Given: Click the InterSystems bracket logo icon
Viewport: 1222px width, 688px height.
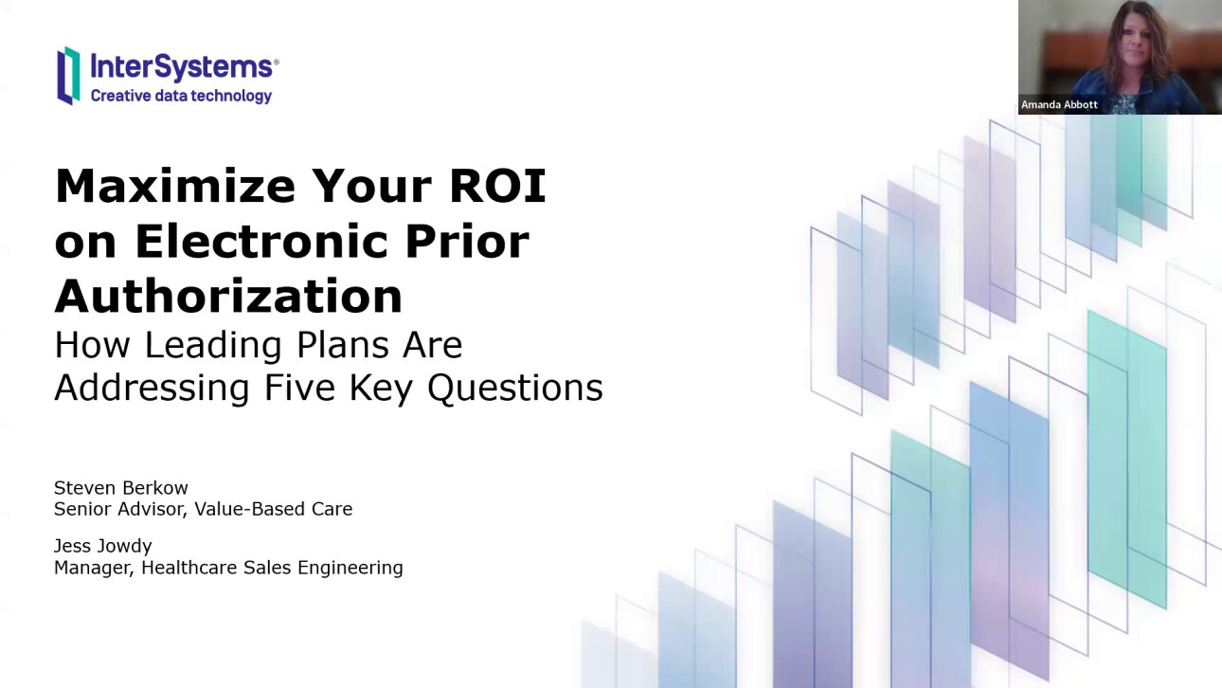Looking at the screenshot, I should [68, 75].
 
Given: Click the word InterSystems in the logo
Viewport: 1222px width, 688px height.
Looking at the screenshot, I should [182, 66].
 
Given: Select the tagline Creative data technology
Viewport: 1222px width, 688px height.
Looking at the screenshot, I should [181, 96].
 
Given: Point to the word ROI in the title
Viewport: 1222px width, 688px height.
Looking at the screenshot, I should [497, 186].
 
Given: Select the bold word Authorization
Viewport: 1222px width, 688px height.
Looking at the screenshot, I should [228, 296].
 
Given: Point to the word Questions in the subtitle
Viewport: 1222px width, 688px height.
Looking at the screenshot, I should [514, 388].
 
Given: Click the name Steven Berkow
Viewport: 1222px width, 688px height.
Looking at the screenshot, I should [120, 488].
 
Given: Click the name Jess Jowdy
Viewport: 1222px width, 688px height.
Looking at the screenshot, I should [102, 546].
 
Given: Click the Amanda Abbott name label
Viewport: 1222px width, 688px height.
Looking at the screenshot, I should [1059, 104].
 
